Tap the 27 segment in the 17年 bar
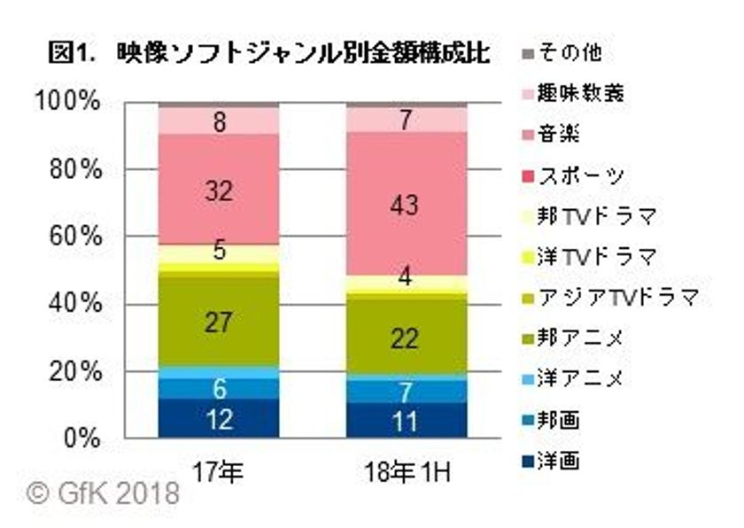click(x=219, y=321)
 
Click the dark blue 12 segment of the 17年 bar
click(x=219, y=418)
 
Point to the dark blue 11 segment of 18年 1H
click(x=406, y=421)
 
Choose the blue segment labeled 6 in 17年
click(x=219, y=388)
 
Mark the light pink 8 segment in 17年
click(x=219, y=120)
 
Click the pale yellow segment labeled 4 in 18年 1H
click(x=406, y=278)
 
